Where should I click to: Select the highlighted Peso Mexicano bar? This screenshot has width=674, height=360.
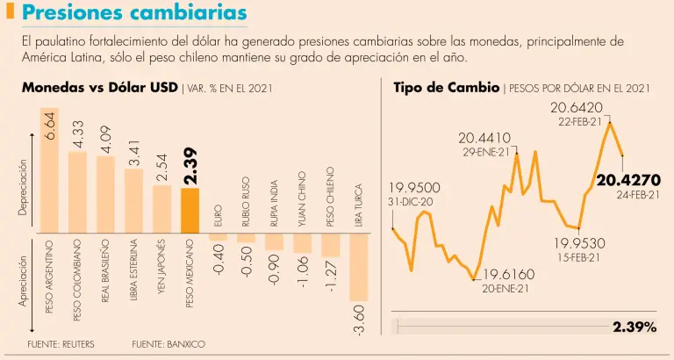(190, 210)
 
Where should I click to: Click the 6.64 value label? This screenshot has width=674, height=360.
(50, 126)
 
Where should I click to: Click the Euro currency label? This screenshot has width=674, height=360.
(218, 215)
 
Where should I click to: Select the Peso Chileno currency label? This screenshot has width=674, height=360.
(330, 198)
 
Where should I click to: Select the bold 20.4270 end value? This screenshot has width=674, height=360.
(627, 180)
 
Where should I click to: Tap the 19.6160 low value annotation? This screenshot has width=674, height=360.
(509, 274)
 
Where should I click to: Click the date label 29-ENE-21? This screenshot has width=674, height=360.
(485, 151)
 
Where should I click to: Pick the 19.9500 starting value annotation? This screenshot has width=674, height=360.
(414, 188)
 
